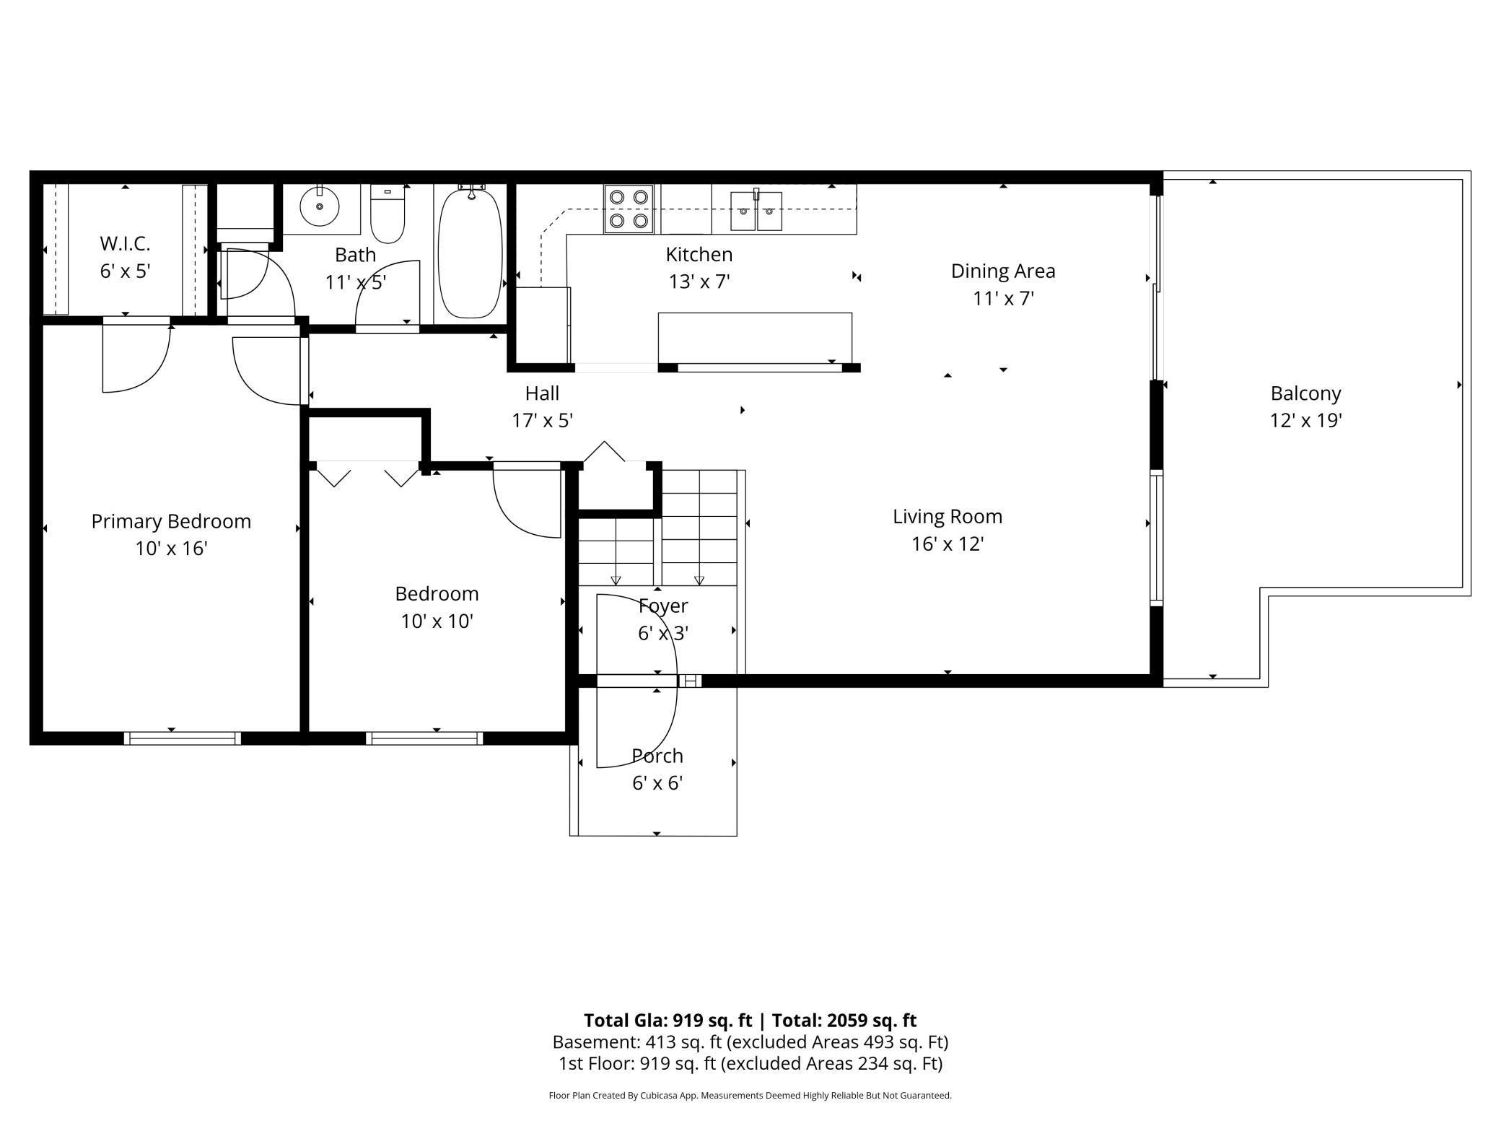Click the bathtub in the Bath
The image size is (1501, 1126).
click(470, 253)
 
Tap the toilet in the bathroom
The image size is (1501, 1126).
click(388, 214)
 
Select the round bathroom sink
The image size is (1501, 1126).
click(320, 206)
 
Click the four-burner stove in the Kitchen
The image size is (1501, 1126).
click(629, 209)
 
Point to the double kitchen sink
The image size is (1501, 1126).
click(756, 210)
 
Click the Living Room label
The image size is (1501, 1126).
click(948, 517)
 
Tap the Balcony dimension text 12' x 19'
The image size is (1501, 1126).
click(1305, 420)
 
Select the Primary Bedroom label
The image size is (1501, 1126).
click(171, 522)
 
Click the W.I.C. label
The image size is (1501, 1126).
click(125, 243)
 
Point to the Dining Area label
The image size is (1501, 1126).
click(1003, 271)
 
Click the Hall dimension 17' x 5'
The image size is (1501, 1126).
click(542, 420)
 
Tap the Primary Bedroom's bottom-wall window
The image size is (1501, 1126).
click(182, 738)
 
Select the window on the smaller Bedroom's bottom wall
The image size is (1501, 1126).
click(424, 738)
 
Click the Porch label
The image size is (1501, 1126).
click(657, 756)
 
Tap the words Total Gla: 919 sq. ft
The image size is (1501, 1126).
click(668, 1020)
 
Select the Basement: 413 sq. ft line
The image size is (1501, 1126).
click(750, 1042)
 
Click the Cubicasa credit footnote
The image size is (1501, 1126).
click(750, 1095)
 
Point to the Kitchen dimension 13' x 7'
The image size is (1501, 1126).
click(699, 281)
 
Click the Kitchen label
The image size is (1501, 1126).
click(699, 254)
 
